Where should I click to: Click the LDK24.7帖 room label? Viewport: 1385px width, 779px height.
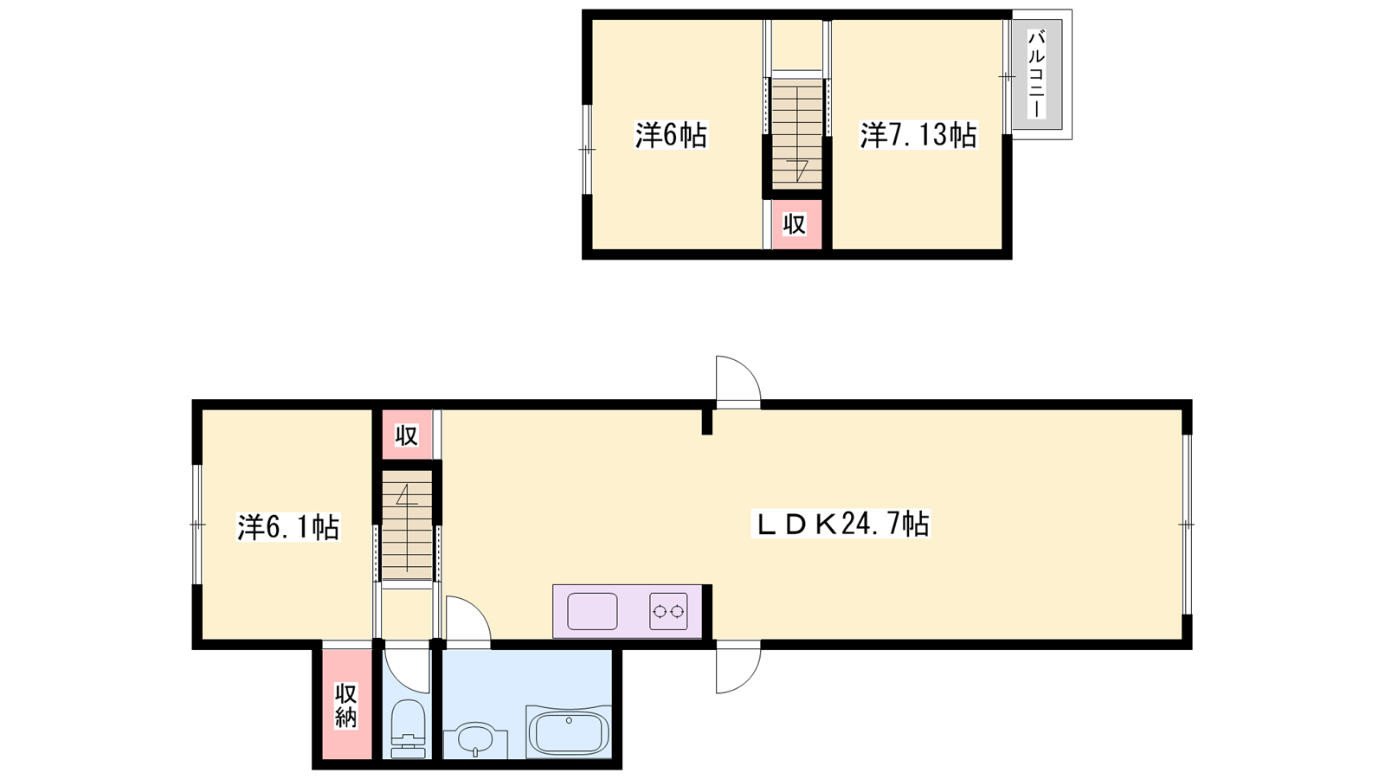click(x=841, y=525)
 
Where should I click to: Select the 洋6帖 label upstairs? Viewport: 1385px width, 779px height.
click(x=672, y=135)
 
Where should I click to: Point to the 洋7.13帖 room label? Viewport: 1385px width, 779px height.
click(x=918, y=135)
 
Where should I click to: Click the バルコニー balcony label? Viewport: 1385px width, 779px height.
click(x=1036, y=74)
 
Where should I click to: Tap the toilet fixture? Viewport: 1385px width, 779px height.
click(x=409, y=729)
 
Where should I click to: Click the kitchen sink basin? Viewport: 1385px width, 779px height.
click(x=592, y=611)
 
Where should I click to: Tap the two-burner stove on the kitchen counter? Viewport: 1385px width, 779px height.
click(x=668, y=611)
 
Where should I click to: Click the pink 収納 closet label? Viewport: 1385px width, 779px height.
click(x=346, y=706)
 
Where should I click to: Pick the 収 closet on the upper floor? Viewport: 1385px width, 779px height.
click(x=795, y=224)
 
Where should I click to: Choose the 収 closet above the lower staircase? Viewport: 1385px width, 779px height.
click(x=407, y=435)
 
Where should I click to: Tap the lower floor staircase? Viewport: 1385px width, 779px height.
click(x=407, y=525)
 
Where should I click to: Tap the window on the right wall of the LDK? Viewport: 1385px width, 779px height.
click(x=1187, y=525)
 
